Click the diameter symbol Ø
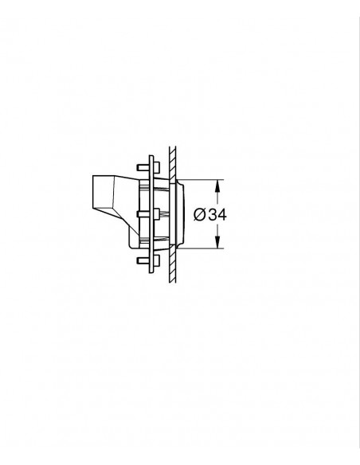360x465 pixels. pos(200,214)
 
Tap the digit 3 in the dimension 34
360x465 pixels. pos(213,214)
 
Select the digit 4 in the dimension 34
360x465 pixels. pos(221,214)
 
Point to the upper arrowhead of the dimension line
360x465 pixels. pos(217,186)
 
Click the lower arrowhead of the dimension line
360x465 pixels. pos(217,242)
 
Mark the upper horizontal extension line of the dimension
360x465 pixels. pos(201,180)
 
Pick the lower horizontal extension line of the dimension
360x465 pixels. pos(201,248)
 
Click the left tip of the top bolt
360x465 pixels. pos(137,167)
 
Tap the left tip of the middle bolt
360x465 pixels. pos(137,214)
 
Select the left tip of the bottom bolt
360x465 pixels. pos(137,260)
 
